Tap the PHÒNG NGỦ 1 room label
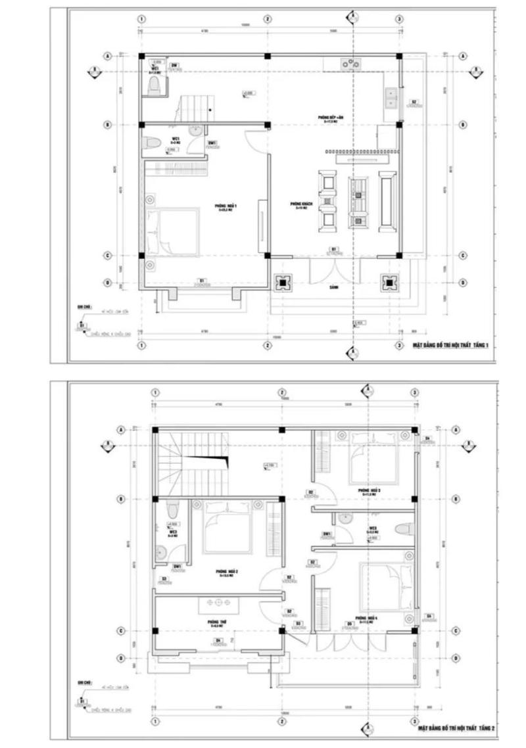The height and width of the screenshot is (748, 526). click(226, 208)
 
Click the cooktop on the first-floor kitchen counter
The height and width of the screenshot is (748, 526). click(350, 63)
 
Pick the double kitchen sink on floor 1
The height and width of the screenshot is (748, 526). click(391, 98)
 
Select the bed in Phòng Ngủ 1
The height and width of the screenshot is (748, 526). click(173, 232)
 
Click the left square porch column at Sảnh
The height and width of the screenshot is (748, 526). click(283, 282)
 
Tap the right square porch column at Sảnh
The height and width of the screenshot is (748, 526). click(389, 282)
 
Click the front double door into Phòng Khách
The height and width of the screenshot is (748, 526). click(335, 266)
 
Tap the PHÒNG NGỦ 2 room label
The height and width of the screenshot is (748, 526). click(227, 572)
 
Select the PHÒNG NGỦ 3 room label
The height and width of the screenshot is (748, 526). click(370, 491)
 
